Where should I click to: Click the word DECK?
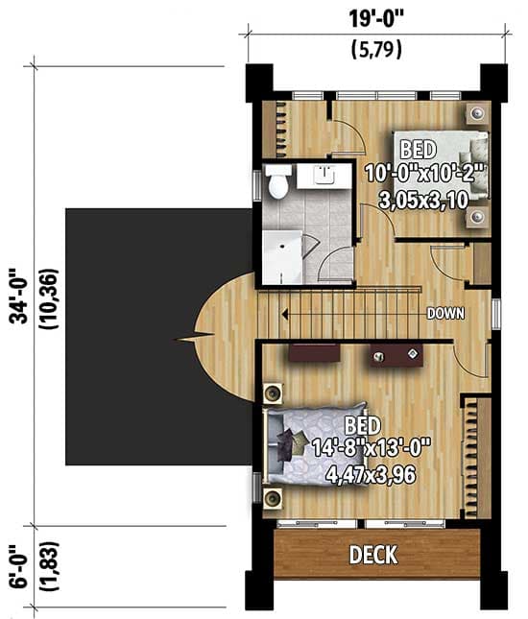(373, 555)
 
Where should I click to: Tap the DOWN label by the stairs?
(446, 313)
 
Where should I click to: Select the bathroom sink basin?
(324, 175)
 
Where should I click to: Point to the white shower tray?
(282, 255)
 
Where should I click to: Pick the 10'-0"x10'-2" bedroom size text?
(426, 174)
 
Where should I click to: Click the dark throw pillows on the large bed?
(288, 443)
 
